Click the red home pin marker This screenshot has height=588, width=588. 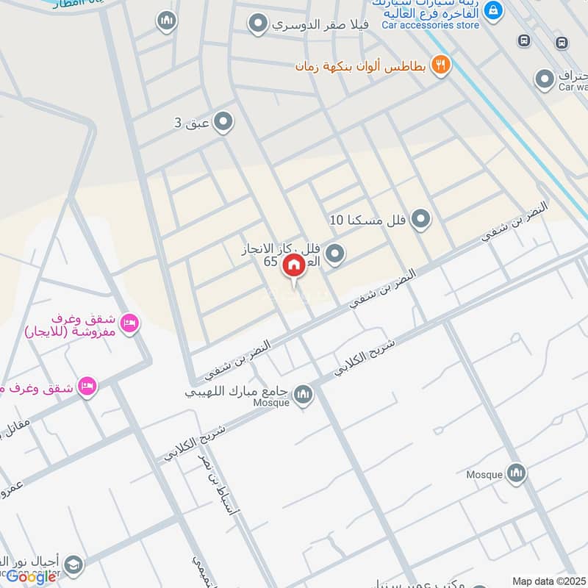point(294,265)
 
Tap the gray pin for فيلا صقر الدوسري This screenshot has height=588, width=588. point(257,25)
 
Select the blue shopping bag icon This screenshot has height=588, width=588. point(494,10)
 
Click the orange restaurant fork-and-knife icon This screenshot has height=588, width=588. point(441,65)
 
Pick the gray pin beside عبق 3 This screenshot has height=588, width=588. point(223,122)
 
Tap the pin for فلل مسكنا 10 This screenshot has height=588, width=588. point(420,218)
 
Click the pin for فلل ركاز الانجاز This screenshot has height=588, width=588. point(335,254)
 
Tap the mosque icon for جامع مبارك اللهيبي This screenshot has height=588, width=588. point(303,396)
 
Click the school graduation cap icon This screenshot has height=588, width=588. point(73,564)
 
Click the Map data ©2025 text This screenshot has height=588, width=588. point(548,581)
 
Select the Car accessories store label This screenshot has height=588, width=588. point(431,25)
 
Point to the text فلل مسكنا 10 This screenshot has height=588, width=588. point(368,219)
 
